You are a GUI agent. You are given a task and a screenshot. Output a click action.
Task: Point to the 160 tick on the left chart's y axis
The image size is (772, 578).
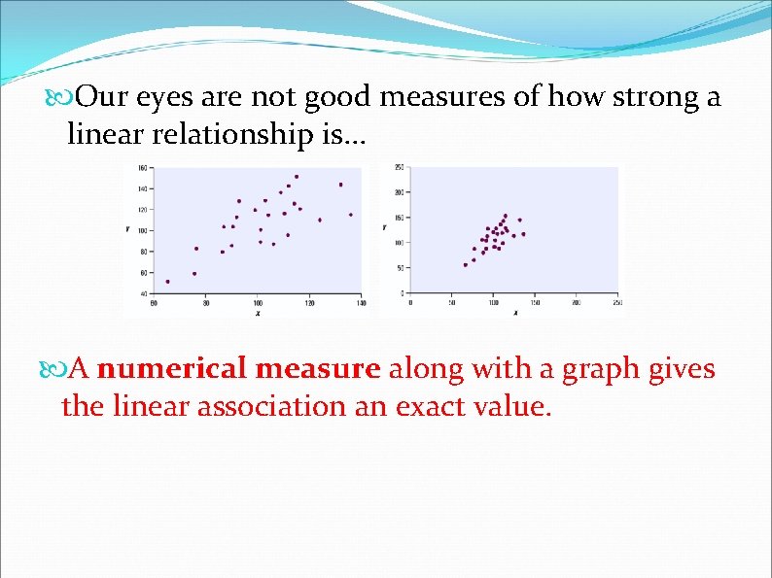coord(142,168)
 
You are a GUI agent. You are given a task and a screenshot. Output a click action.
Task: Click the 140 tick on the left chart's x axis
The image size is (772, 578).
coord(361,303)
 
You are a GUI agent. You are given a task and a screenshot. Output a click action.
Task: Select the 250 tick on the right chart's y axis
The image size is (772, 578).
coord(399,168)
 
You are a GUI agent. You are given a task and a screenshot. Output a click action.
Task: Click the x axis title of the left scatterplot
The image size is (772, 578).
coord(258,313)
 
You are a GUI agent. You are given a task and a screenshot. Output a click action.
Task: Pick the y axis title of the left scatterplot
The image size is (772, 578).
coord(127,229)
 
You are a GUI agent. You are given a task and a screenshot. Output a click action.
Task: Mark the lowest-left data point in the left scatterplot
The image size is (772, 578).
coord(167,282)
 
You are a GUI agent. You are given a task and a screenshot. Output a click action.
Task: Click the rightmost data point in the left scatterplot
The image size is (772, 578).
coord(350,215)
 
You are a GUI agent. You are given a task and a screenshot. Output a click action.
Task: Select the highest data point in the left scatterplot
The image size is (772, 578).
coord(297,177)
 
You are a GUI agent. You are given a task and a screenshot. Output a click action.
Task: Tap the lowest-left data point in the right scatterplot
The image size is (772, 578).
coord(465,265)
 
